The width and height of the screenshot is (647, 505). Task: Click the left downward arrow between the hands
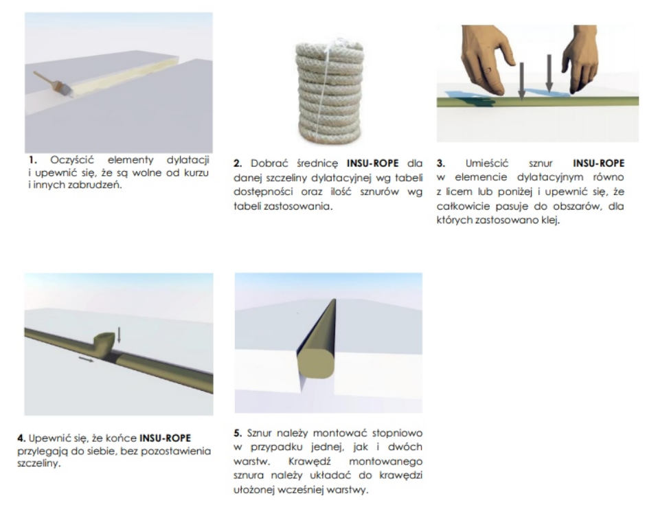coord(521,81)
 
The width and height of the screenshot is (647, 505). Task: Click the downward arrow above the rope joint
coord(119,335)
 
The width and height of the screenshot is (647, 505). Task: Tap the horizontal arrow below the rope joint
coord(86,359)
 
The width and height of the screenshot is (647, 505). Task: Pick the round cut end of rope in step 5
coord(316,363)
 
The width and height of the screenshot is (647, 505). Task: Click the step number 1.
coord(32,160)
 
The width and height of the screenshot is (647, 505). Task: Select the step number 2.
coord(237,164)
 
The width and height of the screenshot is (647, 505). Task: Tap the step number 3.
coord(441,164)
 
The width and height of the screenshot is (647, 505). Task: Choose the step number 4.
coord(21,438)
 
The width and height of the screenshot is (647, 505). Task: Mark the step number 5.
coord(237,433)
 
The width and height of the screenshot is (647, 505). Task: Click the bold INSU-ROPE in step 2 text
coord(372,164)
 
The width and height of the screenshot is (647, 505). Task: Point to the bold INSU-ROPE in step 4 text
coord(165,438)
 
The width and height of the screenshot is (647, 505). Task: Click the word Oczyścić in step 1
coord(72,160)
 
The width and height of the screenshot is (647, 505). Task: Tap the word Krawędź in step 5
coord(310,461)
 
